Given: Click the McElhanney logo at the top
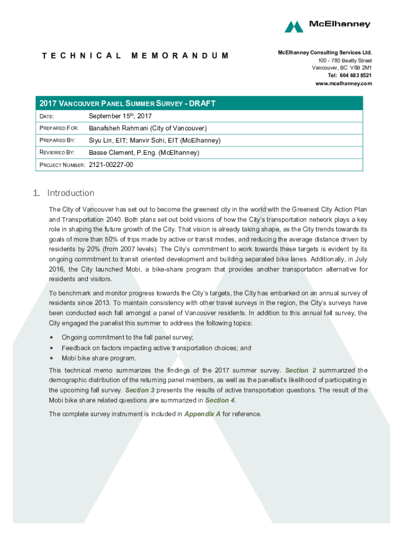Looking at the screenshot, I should coord(327,26).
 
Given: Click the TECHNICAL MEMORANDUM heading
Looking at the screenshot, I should coord(135,55).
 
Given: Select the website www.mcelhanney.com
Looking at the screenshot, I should coord(343,83).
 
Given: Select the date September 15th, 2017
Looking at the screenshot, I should coord(120,116).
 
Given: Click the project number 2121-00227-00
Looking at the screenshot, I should coord(111,165).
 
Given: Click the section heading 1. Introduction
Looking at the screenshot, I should coord(63,193).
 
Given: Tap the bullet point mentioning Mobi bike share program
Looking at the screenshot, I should coord(99,358).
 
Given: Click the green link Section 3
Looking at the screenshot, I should coord(140,390).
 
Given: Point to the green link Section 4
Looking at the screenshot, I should coord(217,400).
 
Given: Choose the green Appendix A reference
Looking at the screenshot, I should coord(202,414).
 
